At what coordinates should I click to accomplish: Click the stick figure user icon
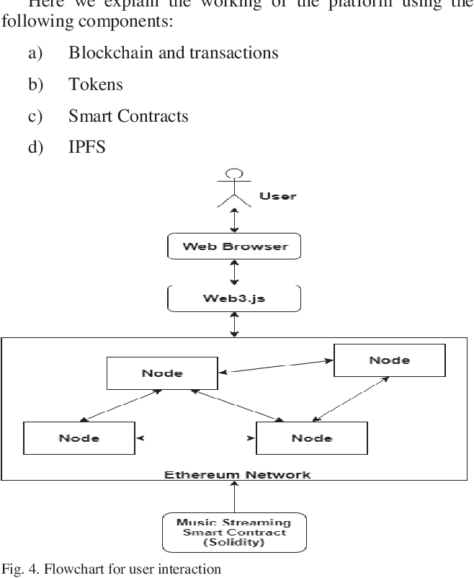pos(234,187)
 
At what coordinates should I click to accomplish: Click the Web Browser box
pos(234,246)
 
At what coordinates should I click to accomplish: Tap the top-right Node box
pos(389,360)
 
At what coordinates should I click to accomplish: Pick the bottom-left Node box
pos(79,438)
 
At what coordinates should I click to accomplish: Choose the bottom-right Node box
pos(311,438)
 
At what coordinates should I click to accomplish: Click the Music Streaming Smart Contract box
pos(234,532)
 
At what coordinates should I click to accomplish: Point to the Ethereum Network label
pos(237,474)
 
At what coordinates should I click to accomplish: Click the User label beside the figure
pos(277,195)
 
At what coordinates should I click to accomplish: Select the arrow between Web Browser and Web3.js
pos(234,272)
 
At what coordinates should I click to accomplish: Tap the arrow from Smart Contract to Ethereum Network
pos(234,497)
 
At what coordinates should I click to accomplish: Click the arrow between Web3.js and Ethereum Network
pos(234,324)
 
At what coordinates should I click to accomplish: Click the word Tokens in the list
pos(96,84)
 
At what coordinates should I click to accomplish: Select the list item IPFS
pos(87,147)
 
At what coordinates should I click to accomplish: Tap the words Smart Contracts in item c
pos(128,116)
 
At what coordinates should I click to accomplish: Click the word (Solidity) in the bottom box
pos(234,542)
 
